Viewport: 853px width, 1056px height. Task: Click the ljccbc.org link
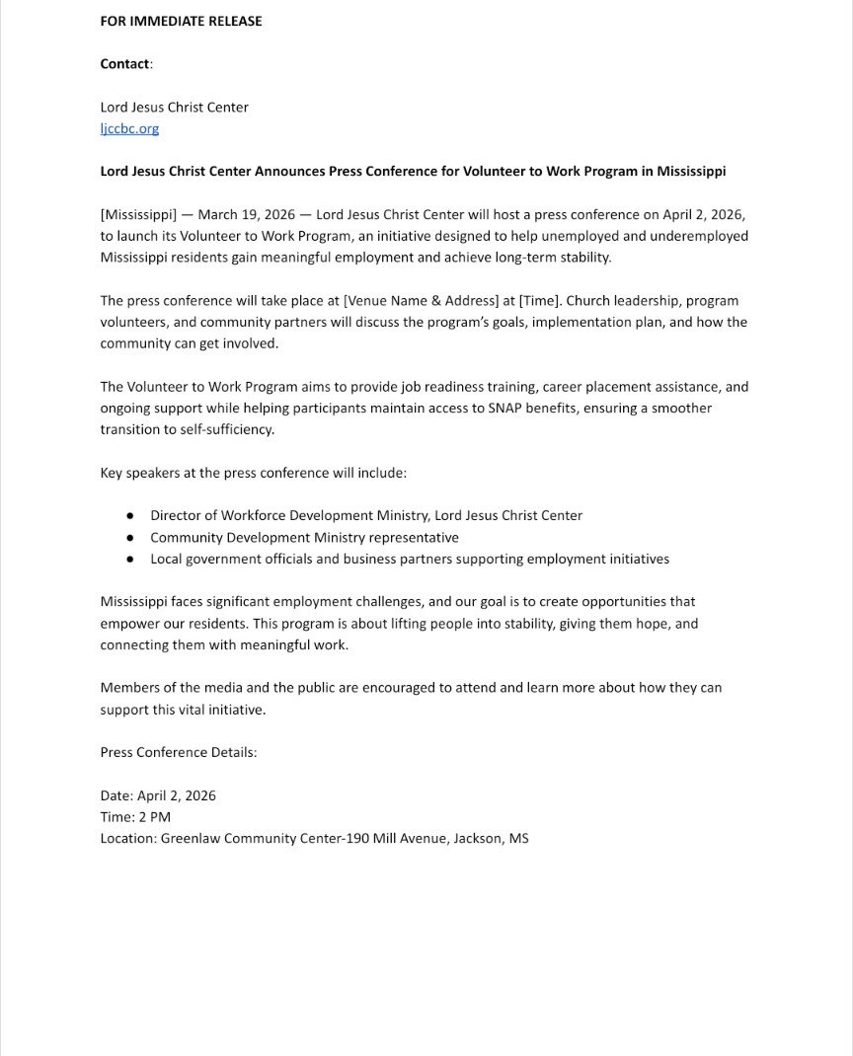(x=129, y=128)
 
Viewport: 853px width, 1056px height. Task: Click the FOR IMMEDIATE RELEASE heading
(x=181, y=21)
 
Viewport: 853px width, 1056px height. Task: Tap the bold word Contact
(x=124, y=64)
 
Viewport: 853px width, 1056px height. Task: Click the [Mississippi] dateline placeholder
(x=138, y=214)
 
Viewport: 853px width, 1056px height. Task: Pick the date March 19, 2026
(x=247, y=214)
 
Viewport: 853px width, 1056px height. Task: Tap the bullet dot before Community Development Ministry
(x=129, y=538)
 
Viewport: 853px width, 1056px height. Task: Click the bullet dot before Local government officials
(x=129, y=560)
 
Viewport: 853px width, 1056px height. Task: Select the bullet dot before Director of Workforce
(x=129, y=516)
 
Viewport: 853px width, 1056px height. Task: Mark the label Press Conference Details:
(x=179, y=752)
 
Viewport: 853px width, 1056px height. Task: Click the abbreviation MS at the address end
(x=519, y=839)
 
